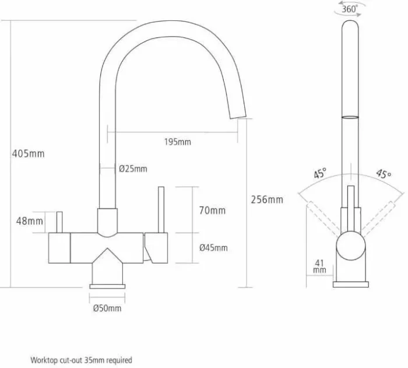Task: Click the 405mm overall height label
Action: pos(28,153)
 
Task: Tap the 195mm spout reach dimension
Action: pos(177,142)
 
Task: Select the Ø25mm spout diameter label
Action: pos(133,169)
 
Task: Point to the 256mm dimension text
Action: pos(267,199)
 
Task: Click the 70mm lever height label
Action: pos(212,211)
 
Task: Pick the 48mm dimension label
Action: pos(29,221)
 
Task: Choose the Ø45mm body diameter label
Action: pos(213,248)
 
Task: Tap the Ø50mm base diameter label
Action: pos(107,309)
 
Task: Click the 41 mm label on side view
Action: pos(319,266)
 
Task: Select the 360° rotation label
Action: pos(350,9)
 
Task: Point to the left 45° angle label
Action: pos(320,173)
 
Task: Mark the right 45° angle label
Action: pos(384,174)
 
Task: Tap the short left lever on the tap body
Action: pos(59,222)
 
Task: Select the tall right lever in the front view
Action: pos(161,209)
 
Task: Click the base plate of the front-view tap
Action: pos(107,286)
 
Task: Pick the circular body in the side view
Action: pos(350,246)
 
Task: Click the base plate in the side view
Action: pos(351,285)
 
